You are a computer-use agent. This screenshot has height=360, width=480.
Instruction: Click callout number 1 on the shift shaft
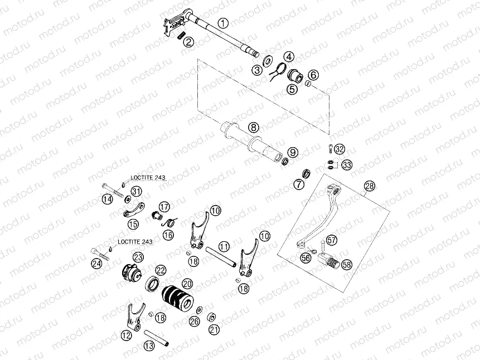(223, 23)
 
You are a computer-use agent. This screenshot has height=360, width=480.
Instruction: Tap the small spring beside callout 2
(181, 36)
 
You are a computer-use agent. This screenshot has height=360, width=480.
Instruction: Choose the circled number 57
(332, 240)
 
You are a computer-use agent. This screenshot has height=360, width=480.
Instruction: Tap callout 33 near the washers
(347, 166)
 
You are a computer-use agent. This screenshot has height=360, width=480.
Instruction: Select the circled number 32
(340, 149)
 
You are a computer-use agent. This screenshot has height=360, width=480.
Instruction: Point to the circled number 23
(138, 257)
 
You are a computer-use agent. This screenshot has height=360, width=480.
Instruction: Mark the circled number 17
(164, 207)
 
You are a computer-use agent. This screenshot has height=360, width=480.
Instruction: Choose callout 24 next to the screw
(97, 264)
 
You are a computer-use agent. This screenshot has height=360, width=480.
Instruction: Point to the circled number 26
(193, 321)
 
